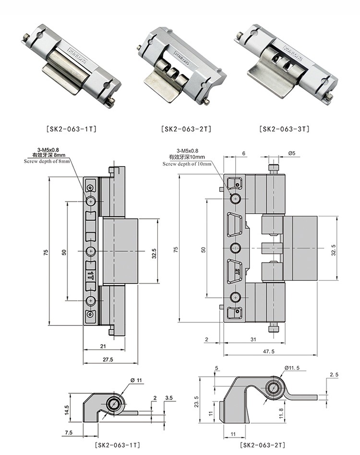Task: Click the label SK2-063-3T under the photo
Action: pos(284,129)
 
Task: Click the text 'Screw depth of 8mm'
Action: pos(48,162)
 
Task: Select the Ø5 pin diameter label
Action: pos(291,154)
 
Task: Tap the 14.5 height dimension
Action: pos(67,409)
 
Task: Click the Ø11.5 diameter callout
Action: pos(292,368)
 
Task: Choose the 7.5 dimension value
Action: pos(68,432)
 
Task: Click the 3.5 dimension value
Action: pos(168,398)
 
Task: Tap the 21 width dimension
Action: pos(103,346)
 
